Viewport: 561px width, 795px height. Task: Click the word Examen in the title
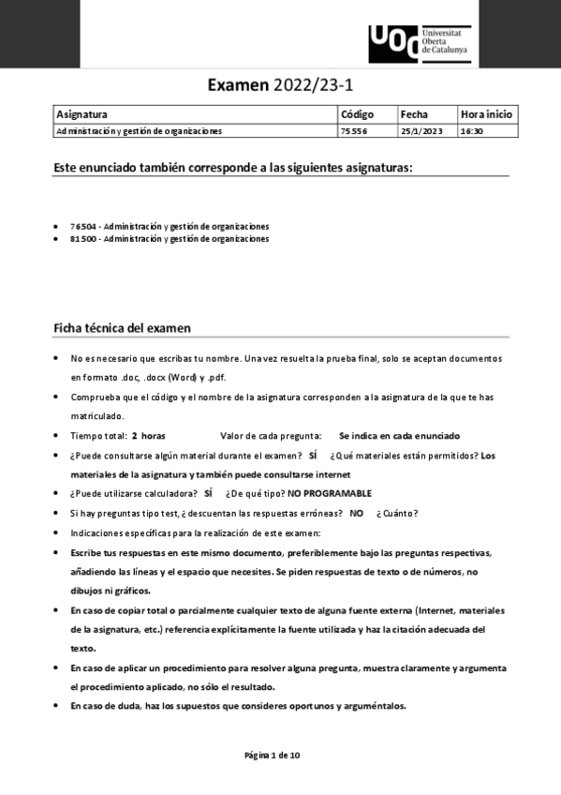click(239, 86)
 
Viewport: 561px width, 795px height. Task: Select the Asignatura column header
click(82, 114)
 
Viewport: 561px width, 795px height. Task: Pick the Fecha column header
click(414, 114)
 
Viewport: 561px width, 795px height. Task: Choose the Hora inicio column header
click(486, 114)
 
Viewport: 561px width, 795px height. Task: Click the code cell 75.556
click(354, 131)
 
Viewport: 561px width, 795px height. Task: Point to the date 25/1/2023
click(419, 131)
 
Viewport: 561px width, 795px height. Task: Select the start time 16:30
click(471, 131)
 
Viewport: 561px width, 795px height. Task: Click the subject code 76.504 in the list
click(84, 227)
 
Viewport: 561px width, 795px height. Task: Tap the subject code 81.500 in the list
click(84, 239)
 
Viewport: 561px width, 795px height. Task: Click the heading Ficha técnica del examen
click(123, 328)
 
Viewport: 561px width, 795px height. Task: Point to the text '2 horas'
click(148, 436)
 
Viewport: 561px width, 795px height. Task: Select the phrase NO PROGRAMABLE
click(330, 493)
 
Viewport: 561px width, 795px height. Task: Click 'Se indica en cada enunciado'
click(399, 436)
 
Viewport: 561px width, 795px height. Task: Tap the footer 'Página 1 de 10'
click(272, 755)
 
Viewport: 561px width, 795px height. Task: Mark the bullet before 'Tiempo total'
click(56, 436)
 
